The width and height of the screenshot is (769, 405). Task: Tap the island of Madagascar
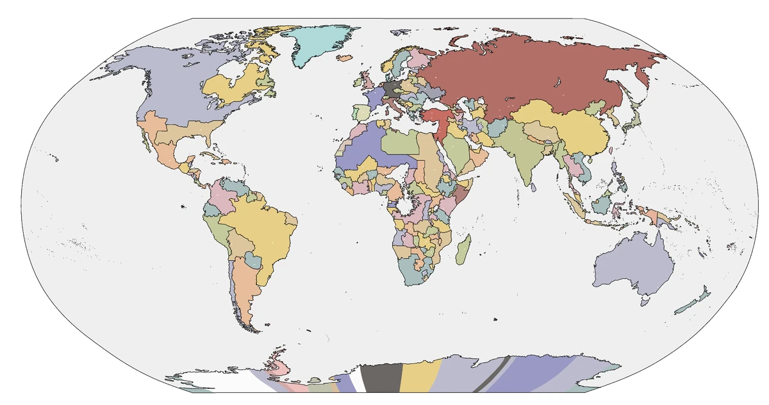(x=465, y=250)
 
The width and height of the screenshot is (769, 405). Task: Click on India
(x=525, y=157)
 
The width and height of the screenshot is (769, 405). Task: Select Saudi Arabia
(x=458, y=154)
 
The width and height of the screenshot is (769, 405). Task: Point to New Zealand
(x=695, y=301)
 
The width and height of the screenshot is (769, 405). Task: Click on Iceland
(x=345, y=58)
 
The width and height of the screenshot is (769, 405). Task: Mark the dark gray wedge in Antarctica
(x=381, y=378)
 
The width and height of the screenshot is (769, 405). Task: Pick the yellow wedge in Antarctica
(x=420, y=378)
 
